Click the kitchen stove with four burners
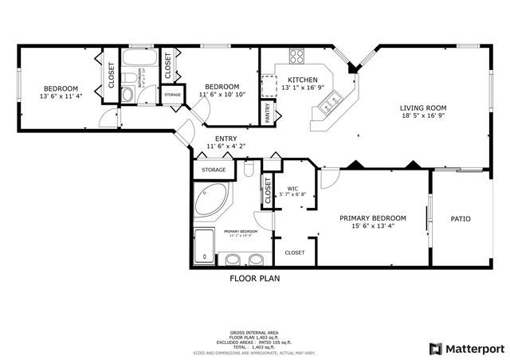[x=296, y=56]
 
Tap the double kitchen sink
[x=335, y=99]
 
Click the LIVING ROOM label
[x=422, y=108]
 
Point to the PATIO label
[x=461, y=218]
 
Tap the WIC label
[x=292, y=187]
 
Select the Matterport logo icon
[x=435, y=348]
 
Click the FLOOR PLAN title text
[x=254, y=279]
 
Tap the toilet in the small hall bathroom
[x=127, y=95]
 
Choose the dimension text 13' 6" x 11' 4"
[x=61, y=96]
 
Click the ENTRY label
[x=226, y=139]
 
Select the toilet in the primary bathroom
[x=249, y=170]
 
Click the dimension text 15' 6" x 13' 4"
[x=373, y=226]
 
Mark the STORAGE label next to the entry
[x=214, y=170]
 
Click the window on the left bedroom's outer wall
[x=18, y=88]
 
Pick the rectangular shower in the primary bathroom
[x=206, y=245]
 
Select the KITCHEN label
[x=303, y=80]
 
